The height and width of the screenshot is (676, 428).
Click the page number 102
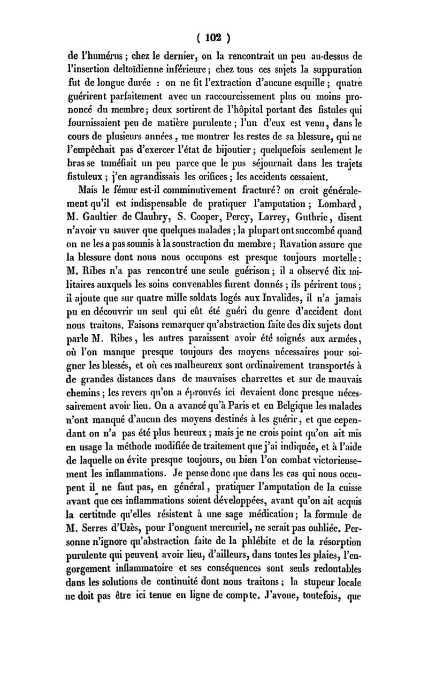coord(214,38)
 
